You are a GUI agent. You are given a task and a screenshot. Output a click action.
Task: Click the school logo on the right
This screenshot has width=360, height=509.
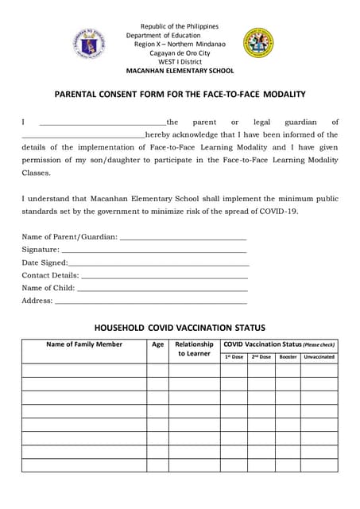pos(258,43)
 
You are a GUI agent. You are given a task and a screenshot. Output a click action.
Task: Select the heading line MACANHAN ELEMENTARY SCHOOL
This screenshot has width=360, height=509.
pos(180,71)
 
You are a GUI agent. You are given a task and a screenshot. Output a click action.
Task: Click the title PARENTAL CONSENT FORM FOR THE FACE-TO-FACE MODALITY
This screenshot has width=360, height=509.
pos(180,95)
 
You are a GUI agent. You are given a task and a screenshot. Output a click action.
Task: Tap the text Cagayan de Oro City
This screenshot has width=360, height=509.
pos(180,52)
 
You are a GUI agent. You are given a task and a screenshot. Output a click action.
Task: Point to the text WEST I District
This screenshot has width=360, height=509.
pos(180,61)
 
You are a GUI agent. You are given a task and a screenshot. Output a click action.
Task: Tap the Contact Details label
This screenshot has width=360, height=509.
pos(50,275)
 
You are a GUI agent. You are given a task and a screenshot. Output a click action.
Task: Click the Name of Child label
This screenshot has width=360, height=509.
pos(48,288)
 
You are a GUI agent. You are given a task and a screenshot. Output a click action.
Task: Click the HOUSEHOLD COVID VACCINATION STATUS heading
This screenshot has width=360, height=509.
pos(180,328)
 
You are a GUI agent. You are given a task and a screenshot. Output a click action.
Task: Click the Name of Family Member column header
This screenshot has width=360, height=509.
pos(84,344)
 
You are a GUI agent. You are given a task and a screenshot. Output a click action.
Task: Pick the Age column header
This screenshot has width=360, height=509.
pos(157,344)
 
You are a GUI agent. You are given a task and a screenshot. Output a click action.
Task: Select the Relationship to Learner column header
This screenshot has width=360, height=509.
pos(194,349)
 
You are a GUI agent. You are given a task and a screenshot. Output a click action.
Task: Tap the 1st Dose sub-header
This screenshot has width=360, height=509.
pos(234,357)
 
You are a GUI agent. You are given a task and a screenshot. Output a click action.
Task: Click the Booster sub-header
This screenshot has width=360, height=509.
pos(288,357)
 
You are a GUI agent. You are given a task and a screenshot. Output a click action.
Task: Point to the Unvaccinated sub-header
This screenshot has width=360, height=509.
pos(319,357)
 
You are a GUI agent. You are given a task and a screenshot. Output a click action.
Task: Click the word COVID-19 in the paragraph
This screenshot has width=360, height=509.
pos(280,211)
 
